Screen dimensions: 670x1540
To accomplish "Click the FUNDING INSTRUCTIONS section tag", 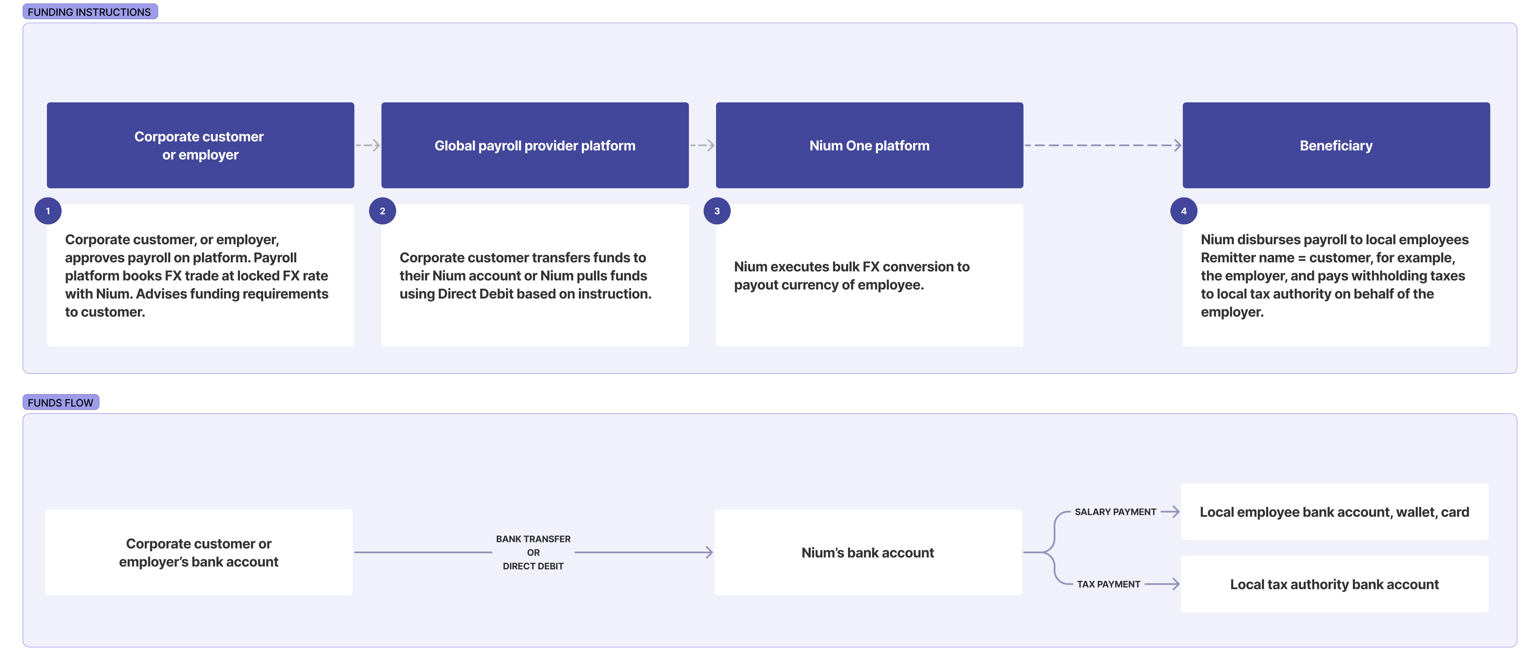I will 90,12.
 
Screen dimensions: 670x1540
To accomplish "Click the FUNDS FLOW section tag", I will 60,403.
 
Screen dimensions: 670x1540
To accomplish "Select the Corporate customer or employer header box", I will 200,145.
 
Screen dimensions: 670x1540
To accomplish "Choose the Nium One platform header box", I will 869,145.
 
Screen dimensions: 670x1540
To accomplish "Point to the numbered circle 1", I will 48,211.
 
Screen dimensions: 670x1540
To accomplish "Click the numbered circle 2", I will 383,211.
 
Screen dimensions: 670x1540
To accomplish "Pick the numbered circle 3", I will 717,211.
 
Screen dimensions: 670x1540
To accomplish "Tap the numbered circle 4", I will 1184,211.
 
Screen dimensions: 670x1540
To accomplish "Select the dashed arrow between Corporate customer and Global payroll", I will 368,145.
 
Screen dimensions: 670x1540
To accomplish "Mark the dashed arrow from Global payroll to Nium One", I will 702,145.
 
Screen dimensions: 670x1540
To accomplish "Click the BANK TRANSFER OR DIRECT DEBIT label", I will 533,552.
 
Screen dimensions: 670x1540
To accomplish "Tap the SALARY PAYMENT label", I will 1115,512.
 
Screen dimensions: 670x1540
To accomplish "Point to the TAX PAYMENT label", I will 1108,584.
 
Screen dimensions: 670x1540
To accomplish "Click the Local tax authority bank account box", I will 1334,584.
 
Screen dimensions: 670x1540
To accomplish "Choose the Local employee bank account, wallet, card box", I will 1334,512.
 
